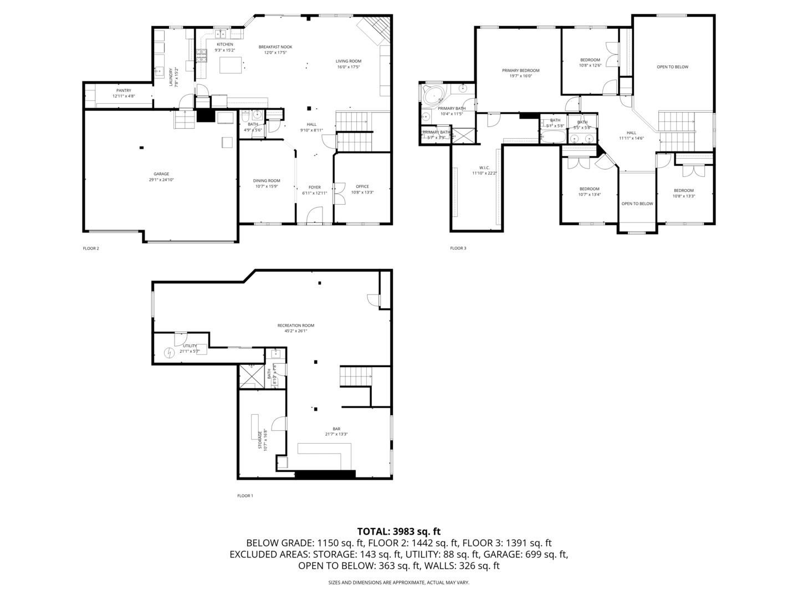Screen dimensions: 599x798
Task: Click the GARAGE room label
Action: (161, 174)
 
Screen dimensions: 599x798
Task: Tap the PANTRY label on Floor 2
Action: (124, 90)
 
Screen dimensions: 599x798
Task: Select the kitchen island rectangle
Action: (231, 65)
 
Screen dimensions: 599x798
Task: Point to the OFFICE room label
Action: (362, 186)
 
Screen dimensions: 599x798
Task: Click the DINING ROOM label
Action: (267, 180)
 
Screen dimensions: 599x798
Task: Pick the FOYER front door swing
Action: (315, 215)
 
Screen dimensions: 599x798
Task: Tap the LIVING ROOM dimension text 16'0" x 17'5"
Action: (349, 67)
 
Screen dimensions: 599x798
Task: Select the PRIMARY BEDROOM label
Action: (520, 70)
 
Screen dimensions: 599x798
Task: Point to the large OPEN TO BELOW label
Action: (672, 67)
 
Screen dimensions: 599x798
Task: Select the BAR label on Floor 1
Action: (336, 429)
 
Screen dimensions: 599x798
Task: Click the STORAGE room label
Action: (259, 439)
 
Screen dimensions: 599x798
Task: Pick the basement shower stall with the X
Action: (251, 377)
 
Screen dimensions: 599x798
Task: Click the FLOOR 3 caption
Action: (458, 248)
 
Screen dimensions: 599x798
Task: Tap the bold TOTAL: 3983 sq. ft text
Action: (398, 531)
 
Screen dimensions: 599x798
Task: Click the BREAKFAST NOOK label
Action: (275, 47)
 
